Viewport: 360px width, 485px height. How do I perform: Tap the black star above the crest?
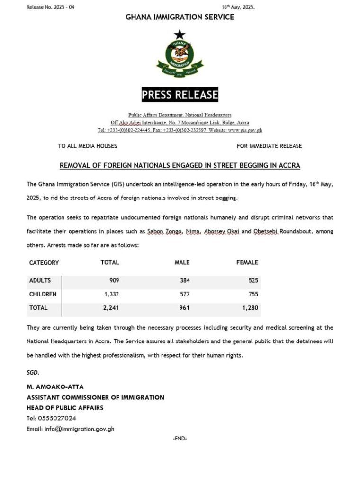pyautogui.click(x=179, y=34)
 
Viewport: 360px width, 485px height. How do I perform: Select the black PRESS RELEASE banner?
pyautogui.click(x=180, y=94)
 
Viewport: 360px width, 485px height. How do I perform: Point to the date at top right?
pyautogui.click(x=238, y=7)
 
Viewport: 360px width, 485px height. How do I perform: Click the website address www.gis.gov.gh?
pyautogui.click(x=245, y=130)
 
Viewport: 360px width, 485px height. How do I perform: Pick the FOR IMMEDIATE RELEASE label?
pyautogui.click(x=269, y=146)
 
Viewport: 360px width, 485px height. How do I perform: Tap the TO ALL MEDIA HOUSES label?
pyautogui.click(x=88, y=146)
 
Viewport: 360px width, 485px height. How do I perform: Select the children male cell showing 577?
pyautogui.click(x=184, y=294)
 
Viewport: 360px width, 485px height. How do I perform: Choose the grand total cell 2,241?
pyautogui.click(x=110, y=308)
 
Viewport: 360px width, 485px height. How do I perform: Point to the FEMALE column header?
pyautogui.click(x=247, y=262)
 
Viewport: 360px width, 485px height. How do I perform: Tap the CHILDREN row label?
pyautogui.click(x=43, y=294)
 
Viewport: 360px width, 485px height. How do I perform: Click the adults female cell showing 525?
pyautogui.click(x=253, y=280)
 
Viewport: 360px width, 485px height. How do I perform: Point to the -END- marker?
pyautogui.click(x=180, y=439)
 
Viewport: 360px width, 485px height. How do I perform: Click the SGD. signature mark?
pyautogui.click(x=33, y=372)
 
